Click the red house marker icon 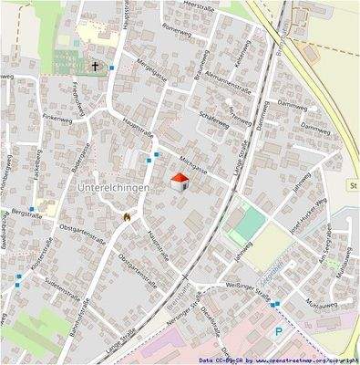(x=180, y=182)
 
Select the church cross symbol (x=96, y=67)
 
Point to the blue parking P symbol (x=280, y=334)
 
